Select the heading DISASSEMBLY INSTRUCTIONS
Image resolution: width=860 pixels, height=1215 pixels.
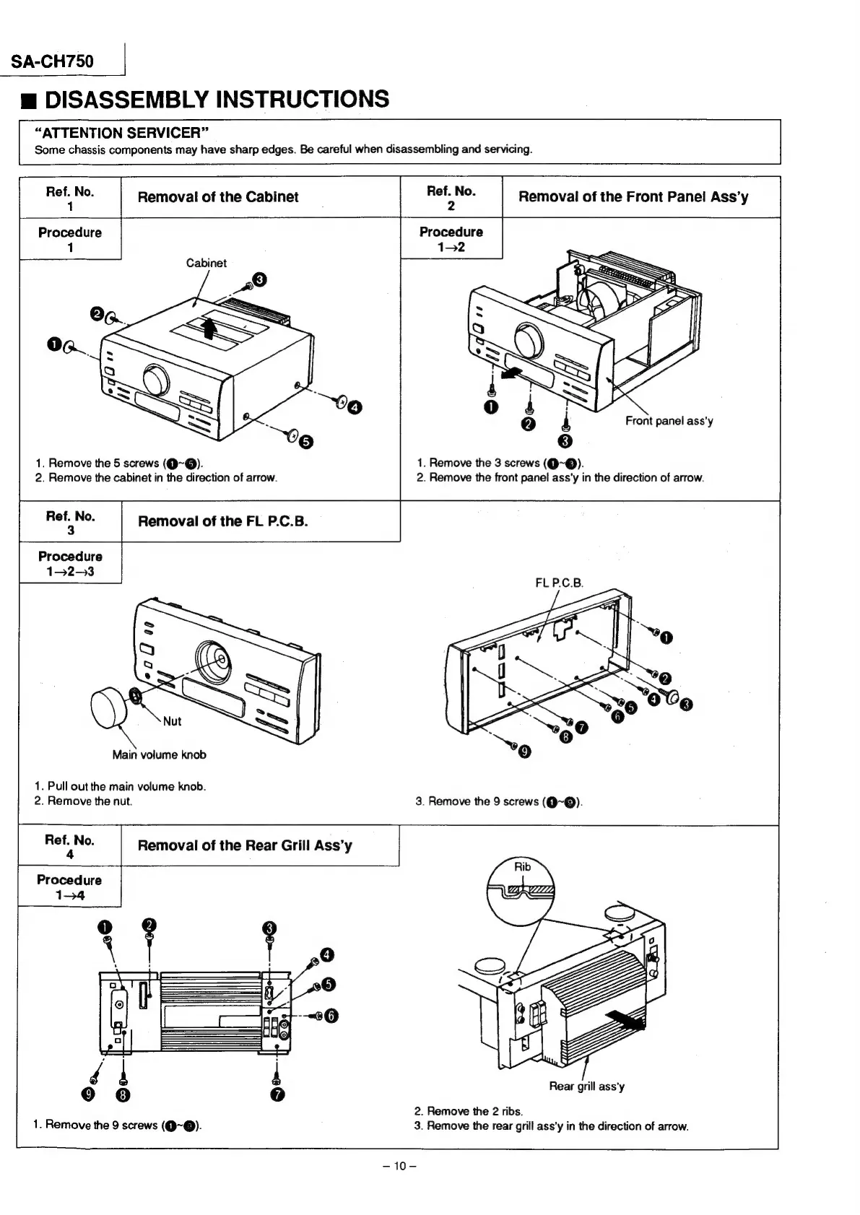tap(217, 99)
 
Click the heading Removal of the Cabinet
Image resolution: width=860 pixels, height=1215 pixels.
tap(217, 197)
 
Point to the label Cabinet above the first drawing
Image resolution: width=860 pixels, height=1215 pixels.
tap(206, 263)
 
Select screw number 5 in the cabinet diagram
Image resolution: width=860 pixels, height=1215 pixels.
tap(306, 441)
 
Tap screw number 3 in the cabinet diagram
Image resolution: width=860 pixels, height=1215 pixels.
tap(260, 280)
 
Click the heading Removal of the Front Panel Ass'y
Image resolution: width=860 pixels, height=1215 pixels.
tap(633, 196)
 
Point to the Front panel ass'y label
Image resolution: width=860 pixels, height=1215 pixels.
tap(669, 421)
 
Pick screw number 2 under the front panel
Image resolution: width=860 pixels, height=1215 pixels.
tap(529, 423)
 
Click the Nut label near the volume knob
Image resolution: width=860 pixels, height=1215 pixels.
tap(172, 721)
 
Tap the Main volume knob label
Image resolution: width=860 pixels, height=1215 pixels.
tap(159, 755)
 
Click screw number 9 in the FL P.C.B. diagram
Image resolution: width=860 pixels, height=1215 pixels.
tap(525, 753)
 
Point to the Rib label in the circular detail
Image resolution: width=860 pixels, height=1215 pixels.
tap(522, 867)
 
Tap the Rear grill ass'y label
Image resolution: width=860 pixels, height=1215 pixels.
tap(586, 1086)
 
